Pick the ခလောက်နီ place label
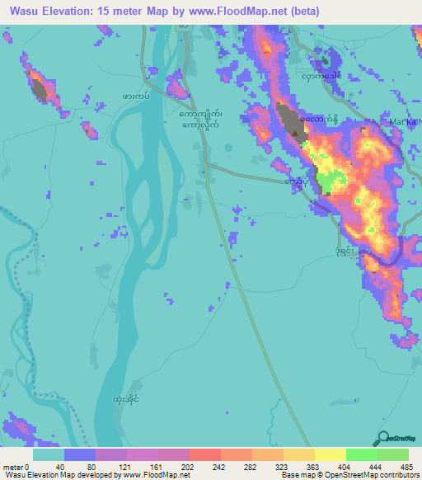320,120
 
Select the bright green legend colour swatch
362,454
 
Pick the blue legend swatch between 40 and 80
80,454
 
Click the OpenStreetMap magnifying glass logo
384,438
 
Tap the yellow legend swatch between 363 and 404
331,454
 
